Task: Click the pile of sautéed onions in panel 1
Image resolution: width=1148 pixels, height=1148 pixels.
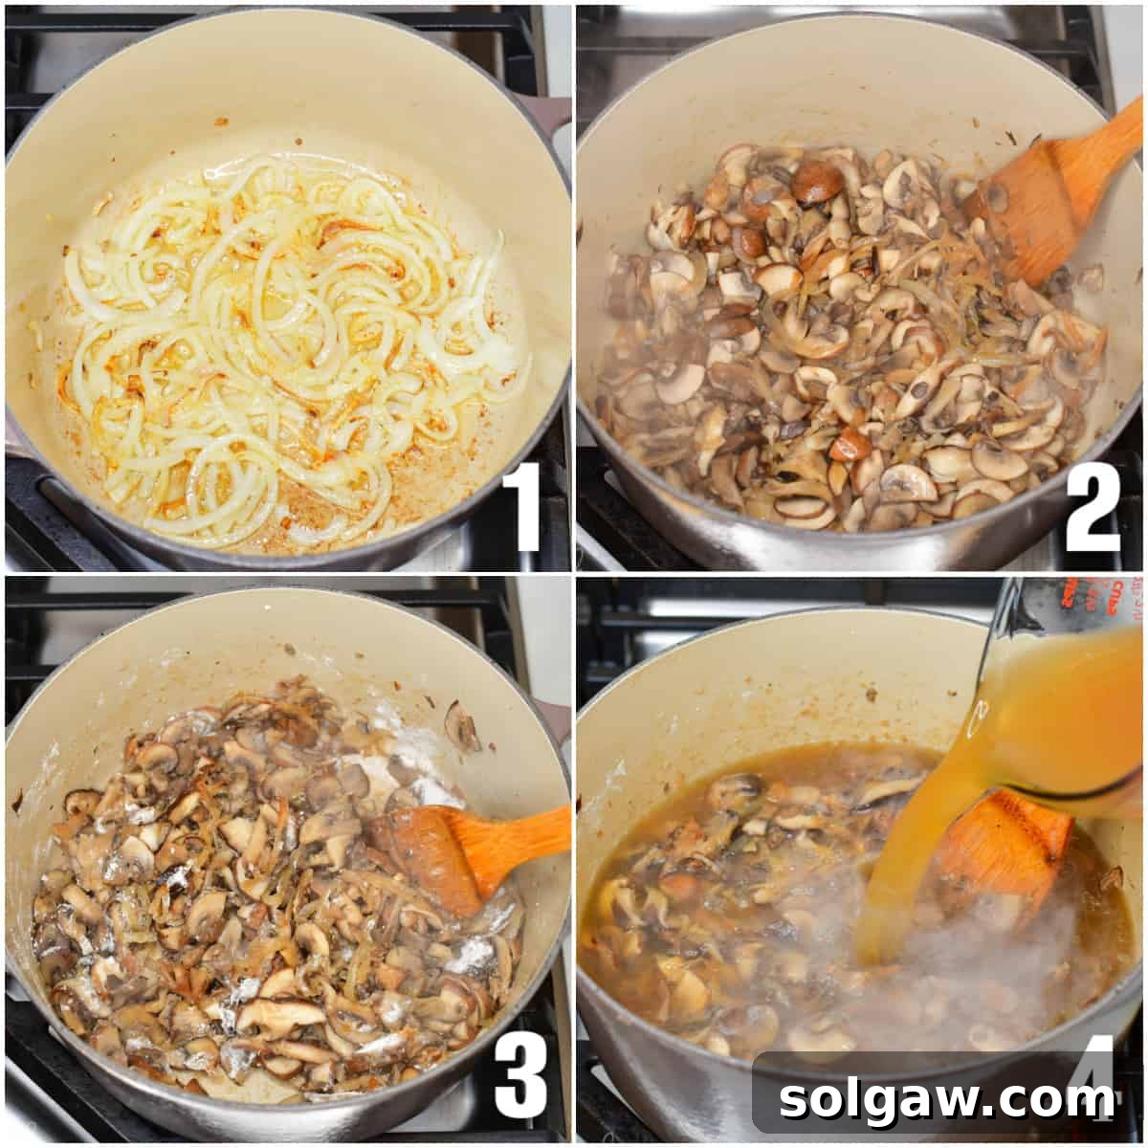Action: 287,344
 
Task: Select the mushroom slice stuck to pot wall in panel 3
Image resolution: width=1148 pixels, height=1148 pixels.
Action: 461,727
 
